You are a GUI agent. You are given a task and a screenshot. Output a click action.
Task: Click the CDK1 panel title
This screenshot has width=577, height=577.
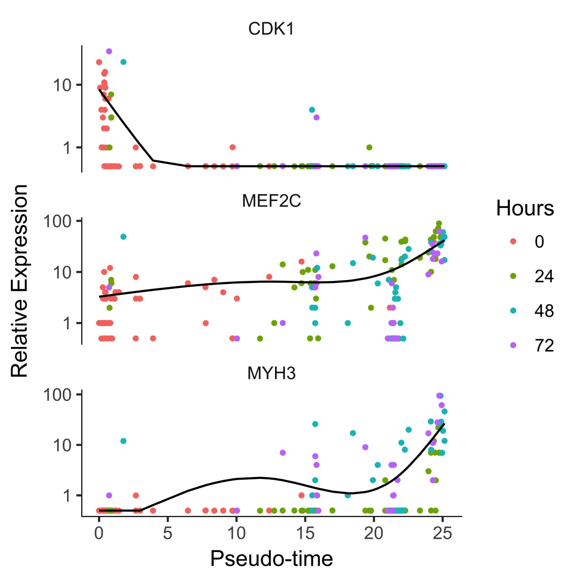271,29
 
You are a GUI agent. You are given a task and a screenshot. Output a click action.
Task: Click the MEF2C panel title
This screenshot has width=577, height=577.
271,201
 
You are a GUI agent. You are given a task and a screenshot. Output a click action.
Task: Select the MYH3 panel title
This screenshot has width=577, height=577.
271,373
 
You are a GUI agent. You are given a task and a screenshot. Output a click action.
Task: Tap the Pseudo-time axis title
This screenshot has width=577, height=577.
271,559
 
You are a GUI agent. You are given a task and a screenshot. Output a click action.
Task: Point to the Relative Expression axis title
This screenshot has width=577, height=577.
19,281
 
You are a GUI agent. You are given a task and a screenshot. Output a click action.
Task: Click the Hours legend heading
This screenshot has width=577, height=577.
525,208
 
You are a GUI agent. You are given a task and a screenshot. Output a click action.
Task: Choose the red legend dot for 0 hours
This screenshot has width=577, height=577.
513,242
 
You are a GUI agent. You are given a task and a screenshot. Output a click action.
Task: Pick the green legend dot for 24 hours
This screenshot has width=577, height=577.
513,276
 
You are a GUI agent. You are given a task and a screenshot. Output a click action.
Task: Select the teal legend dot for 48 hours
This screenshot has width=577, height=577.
513,311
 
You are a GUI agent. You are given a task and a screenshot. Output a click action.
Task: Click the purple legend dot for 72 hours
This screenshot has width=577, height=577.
513,345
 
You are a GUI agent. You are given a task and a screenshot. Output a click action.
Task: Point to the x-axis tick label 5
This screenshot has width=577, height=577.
167,534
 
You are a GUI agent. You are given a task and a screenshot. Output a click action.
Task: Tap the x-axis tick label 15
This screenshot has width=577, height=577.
305,534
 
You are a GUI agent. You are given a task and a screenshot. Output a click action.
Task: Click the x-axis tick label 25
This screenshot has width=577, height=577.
442,534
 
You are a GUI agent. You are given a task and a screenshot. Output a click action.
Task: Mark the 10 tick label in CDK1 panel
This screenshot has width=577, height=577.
62,85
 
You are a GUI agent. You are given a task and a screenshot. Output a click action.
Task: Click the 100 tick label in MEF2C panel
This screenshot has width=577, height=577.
57,222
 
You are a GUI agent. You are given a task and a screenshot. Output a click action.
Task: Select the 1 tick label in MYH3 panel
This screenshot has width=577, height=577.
67,496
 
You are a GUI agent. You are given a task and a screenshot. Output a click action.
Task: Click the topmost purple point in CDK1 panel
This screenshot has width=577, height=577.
109,52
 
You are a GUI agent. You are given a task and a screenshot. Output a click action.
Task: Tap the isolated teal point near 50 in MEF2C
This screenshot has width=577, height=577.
123,237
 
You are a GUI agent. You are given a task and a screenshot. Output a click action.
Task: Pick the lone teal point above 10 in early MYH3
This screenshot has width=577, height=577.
123,441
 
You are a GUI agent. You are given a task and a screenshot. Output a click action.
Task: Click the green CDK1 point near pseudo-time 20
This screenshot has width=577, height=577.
369,147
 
